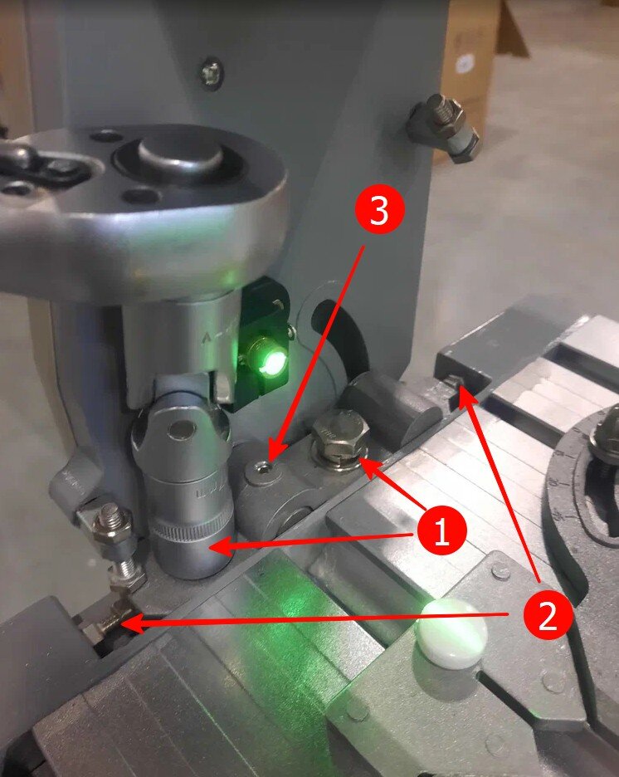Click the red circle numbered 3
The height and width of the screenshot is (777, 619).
click(x=379, y=211)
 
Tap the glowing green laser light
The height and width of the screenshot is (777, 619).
click(x=271, y=359)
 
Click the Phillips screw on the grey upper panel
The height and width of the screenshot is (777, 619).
click(x=212, y=73)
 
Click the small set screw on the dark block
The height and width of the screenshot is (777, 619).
click(x=452, y=383)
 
